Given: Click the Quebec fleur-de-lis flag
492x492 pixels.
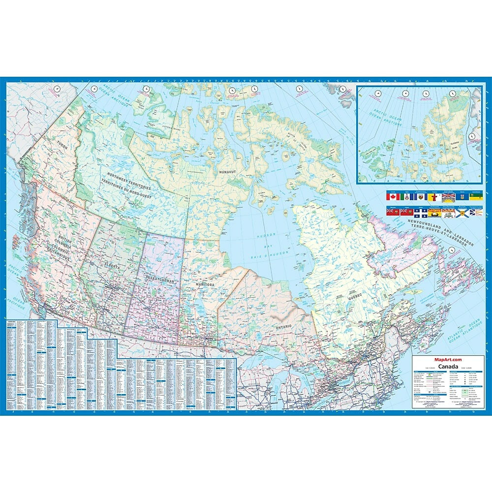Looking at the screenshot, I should (x=420, y=213).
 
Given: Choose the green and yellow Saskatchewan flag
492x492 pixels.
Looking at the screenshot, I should (x=476, y=197).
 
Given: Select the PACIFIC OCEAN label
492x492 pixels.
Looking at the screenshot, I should (x=19, y=282).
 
